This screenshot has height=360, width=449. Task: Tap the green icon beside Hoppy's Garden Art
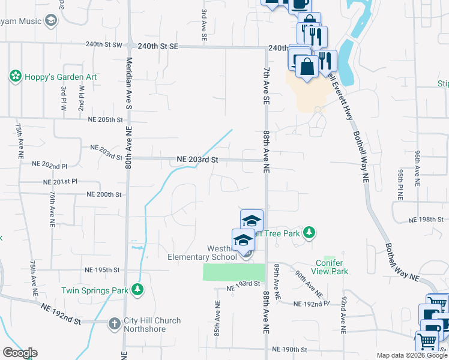(x=14, y=77)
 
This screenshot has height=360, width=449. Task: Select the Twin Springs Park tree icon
(x=138, y=290)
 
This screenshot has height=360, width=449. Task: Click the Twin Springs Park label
(x=95, y=290)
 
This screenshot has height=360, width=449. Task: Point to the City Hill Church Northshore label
(x=152, y=325)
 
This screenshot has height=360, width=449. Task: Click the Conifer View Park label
(x=332, y=267)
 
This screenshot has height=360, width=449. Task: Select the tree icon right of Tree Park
(x=309, y=232)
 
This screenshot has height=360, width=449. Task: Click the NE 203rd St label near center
(x=197, y=160)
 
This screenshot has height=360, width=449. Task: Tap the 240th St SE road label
(x=158, y=46)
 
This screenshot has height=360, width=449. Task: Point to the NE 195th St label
(x=103, y=270)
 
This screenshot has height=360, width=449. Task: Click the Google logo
(x=20, y=353)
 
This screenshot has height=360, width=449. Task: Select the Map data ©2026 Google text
(x=411, y=355)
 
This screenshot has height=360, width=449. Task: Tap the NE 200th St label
(x=104, y=194)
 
